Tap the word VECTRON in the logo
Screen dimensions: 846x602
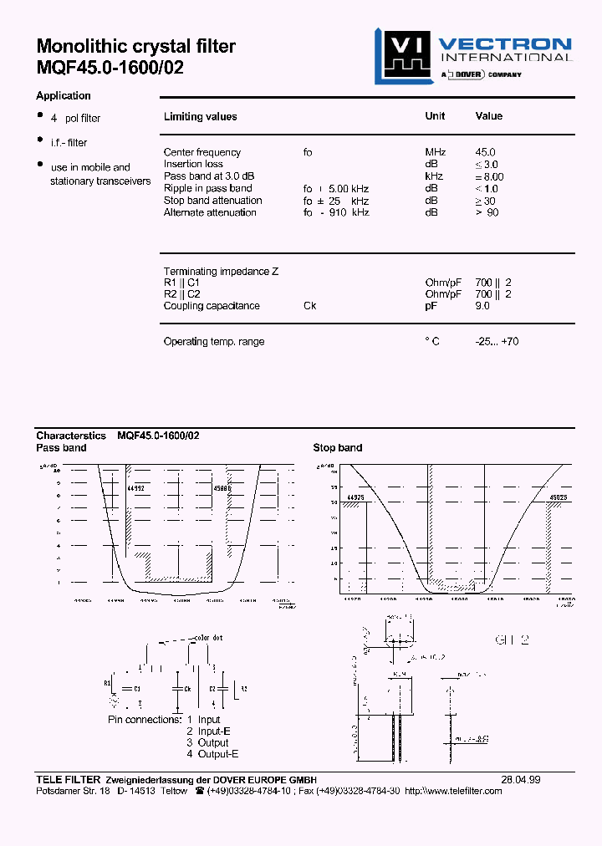(505, 44)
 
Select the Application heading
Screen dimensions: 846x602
(64, 96)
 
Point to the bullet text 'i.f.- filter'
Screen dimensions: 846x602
(69, 143)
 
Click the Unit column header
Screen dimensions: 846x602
(435, 116)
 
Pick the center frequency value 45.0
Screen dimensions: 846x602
(485, 152)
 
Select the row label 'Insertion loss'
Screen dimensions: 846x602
(193, 164)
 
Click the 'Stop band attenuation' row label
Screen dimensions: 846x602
(212, 201)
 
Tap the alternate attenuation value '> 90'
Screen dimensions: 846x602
(487, 212)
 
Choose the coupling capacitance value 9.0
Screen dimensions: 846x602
(482, 306)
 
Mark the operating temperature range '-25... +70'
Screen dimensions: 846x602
(497, 342)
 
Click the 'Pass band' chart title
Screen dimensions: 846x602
(61, 448)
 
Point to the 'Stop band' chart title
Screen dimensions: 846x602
(338, 448)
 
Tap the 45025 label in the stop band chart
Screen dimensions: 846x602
(559, 497)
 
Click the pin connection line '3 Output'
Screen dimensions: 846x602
(207, 742)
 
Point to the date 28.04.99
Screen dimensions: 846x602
(520, 779)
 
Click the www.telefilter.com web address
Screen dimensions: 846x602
(458, 791)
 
